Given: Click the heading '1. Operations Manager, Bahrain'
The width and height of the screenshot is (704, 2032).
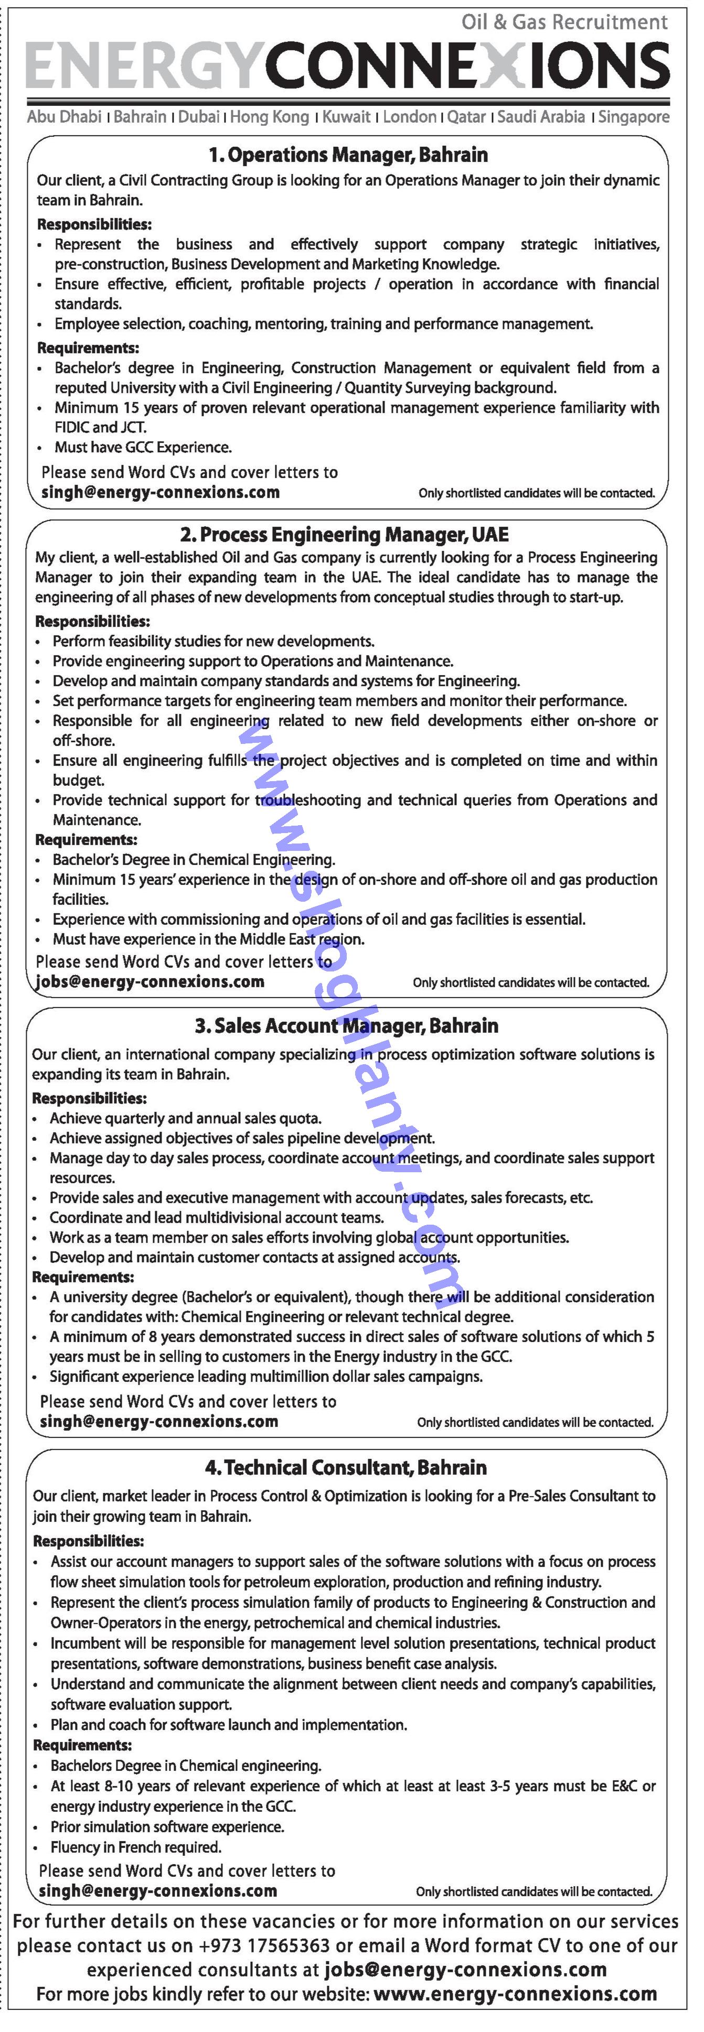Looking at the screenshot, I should pyautogui.click(x=347, y=155).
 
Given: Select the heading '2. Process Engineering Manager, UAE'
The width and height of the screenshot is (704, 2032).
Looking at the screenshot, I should pyautogui.click(x=344, y=535).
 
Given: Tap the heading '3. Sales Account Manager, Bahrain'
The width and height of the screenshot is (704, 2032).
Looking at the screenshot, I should pyautogui.click(x=346, y=1025).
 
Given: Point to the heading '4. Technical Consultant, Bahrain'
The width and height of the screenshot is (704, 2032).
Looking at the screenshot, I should pyautogui.click(x=346, y=1467).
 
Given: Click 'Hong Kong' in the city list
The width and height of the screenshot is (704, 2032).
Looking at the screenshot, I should pyautogui.click(x=270, y=117).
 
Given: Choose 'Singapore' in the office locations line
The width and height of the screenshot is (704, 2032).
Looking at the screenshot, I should pyautogui.click(x=633, y=117).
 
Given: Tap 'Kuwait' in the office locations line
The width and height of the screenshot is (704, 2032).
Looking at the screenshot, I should pyautogui.click(x=346, y=117).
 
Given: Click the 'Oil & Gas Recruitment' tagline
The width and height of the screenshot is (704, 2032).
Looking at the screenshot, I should pyautogui.click(x=565, y=22).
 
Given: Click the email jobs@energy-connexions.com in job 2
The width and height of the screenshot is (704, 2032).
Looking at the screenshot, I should pyautogui.click(x=150, y=982).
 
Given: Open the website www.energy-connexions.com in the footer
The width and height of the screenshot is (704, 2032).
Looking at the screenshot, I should pyautogui.click(x=515, y=1994).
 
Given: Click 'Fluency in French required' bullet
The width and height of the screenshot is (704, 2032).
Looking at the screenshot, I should pyautogui.click(x=136, y=1846).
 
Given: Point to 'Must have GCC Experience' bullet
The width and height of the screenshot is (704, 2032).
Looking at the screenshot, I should pyautogui.click(x=143, y=447).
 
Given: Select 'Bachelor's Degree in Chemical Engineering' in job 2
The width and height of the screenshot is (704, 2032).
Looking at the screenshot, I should pyautogui.click(x=194, y=859).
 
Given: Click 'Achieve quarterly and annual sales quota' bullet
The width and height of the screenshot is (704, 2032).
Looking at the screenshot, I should pyautogui.click(x=186, y=1118).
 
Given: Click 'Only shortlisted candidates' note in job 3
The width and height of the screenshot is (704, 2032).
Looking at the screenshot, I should pyautogui.click(x=535, y=1422).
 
